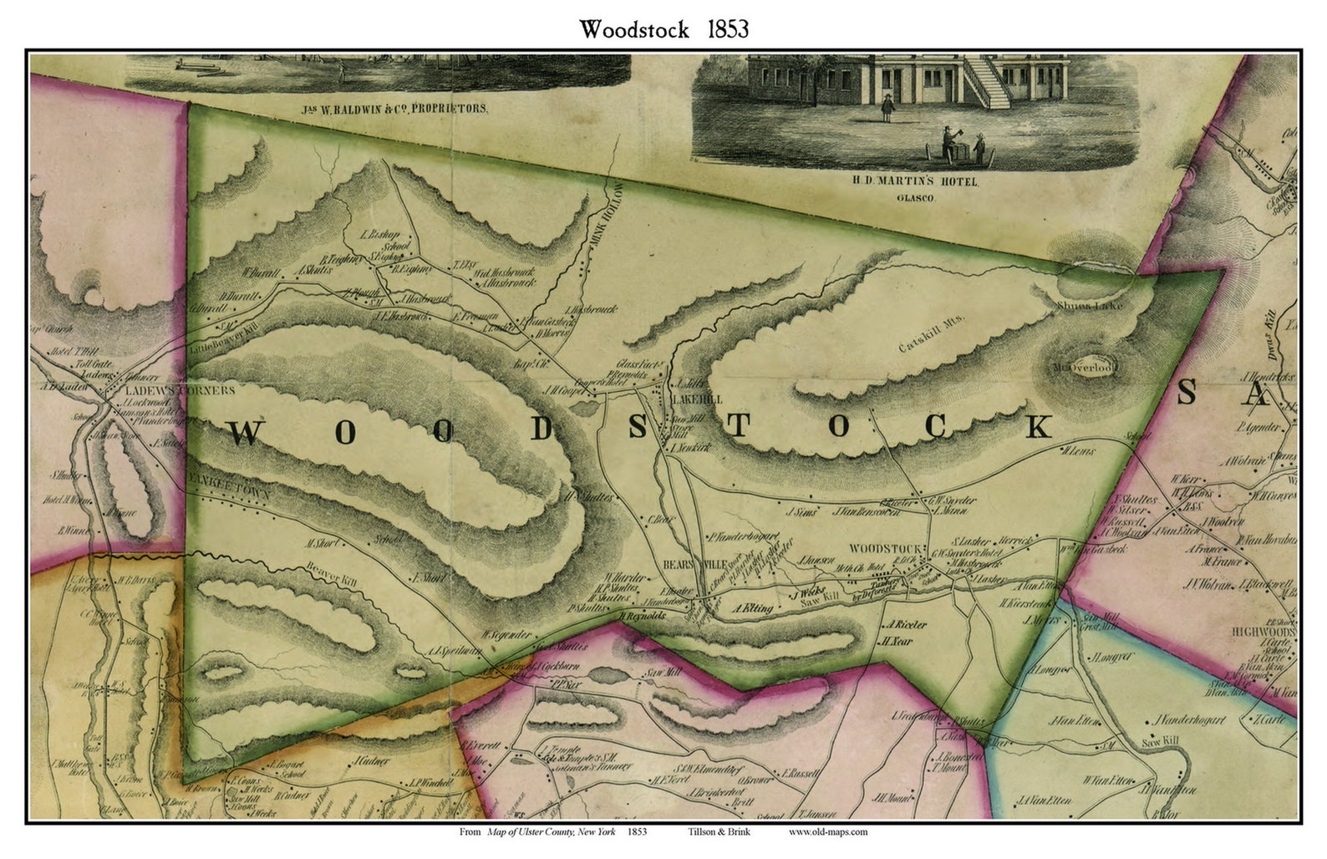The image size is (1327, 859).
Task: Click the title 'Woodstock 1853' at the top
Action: [x=664, y=29]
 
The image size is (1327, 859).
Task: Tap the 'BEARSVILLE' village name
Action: [x=695, y=564]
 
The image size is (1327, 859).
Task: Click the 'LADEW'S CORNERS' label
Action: [x=177, y=390]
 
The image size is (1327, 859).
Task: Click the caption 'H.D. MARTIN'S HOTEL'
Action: [x=914, y=181]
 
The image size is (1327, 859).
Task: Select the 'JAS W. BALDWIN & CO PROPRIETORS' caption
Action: [x=393, y=109]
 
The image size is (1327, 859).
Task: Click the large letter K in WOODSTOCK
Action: [x=1038, y=426]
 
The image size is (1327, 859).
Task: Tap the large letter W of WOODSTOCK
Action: [x=245, y=433]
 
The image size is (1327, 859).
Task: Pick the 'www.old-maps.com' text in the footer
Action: [x=827, y=831]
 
